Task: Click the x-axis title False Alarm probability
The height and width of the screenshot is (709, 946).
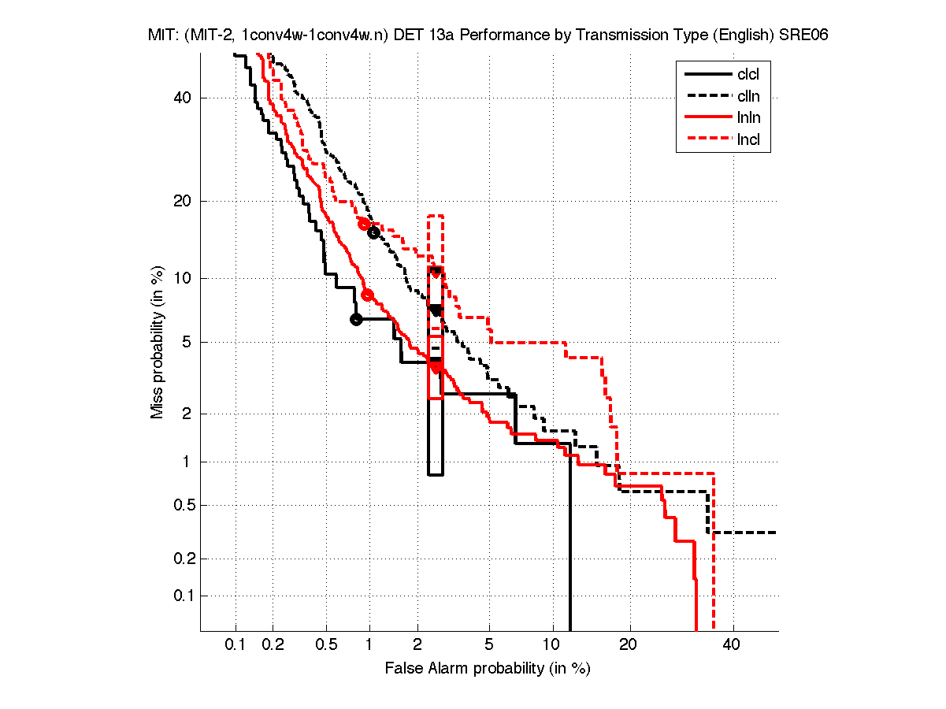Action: tap(488, 669)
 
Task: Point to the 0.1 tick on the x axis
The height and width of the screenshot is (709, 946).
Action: tap(236, 645)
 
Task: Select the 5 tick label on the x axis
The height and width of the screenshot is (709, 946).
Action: tap(489, 645)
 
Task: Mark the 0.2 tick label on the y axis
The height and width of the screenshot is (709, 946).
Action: tap(184, 559)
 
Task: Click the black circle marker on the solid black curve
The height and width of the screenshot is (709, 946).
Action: tap(356, 319)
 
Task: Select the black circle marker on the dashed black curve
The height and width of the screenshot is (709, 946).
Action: tap(373, 232)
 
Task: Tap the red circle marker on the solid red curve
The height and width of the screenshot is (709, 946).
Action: tap(367, 295)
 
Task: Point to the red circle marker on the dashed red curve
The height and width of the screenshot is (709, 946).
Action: tap(364, 224)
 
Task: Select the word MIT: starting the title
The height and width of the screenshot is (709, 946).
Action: tap(163, 35)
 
